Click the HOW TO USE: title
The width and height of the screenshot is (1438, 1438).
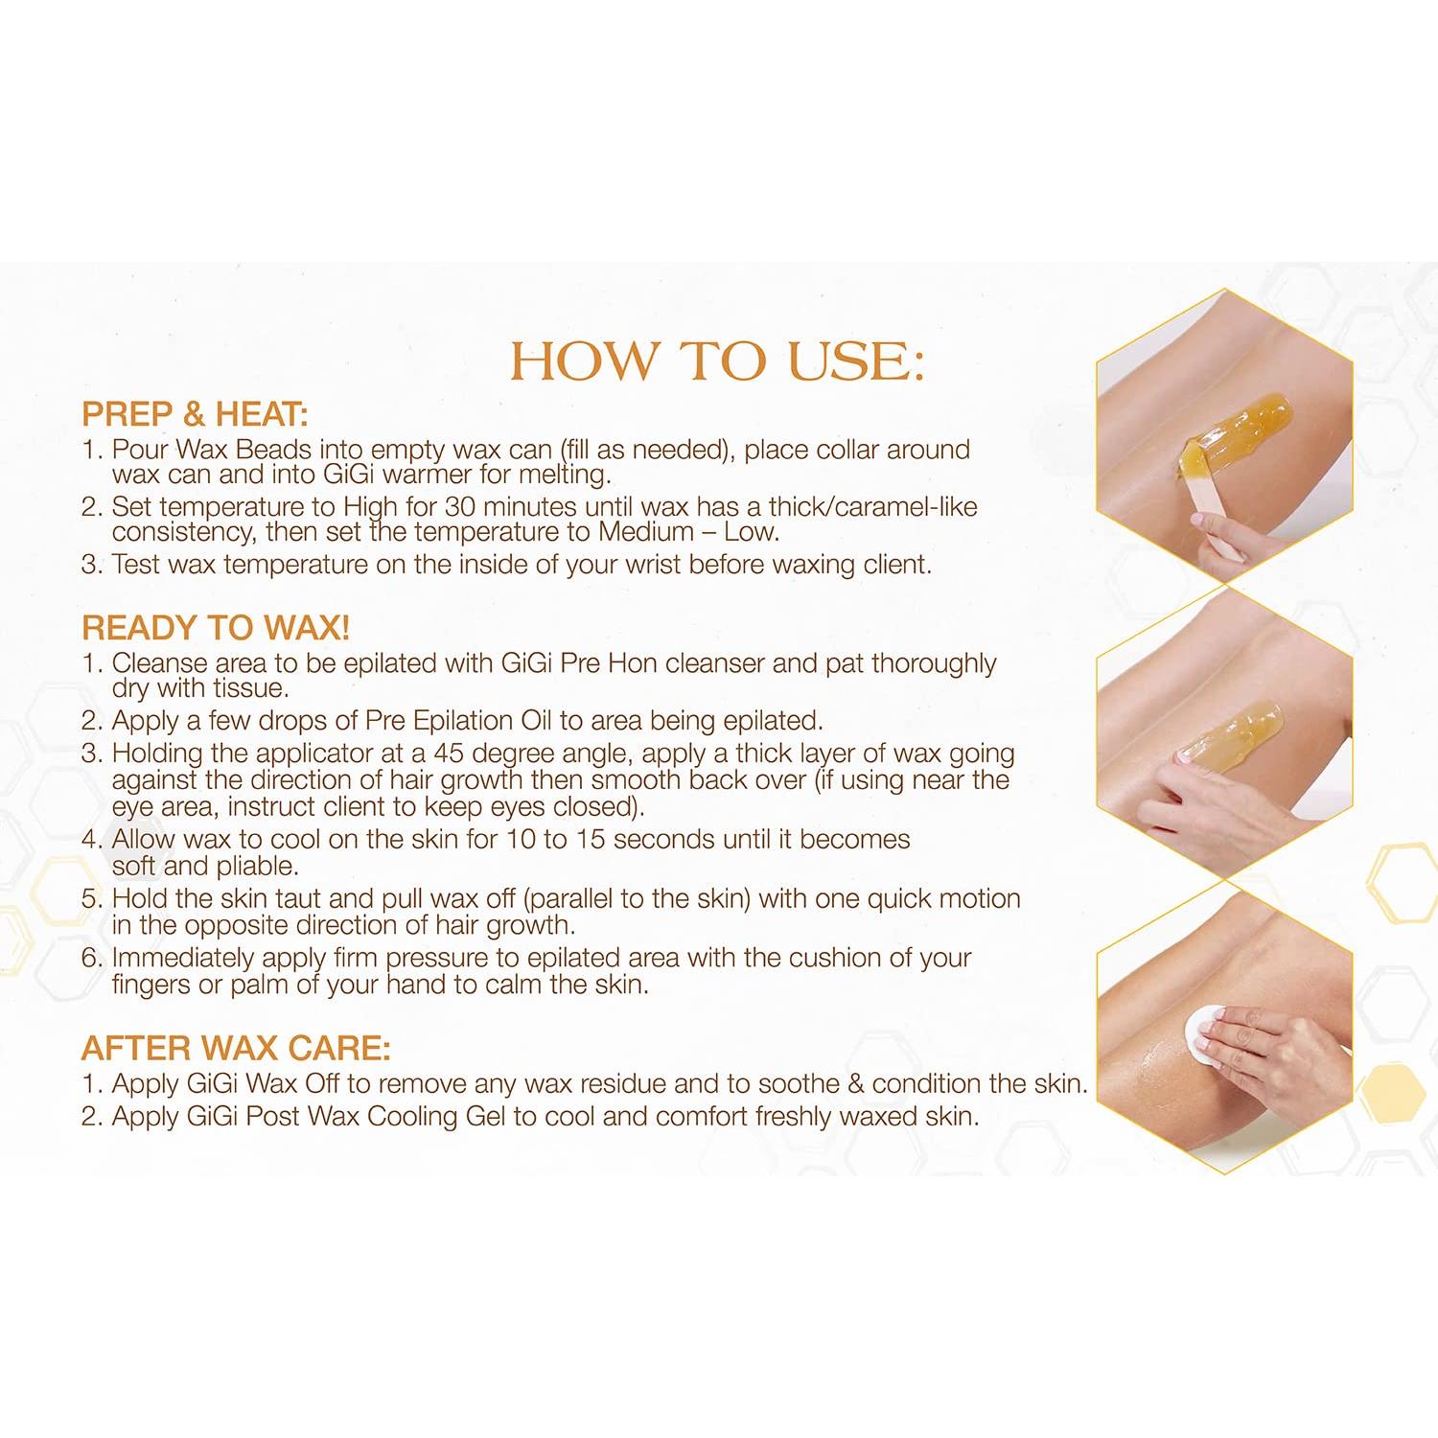pos(717,360)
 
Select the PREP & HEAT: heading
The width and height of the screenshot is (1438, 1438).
pos(195,414)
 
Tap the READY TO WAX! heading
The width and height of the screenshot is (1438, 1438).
pos(216,628)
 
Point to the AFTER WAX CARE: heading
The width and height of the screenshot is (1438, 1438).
pos(236,1048)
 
